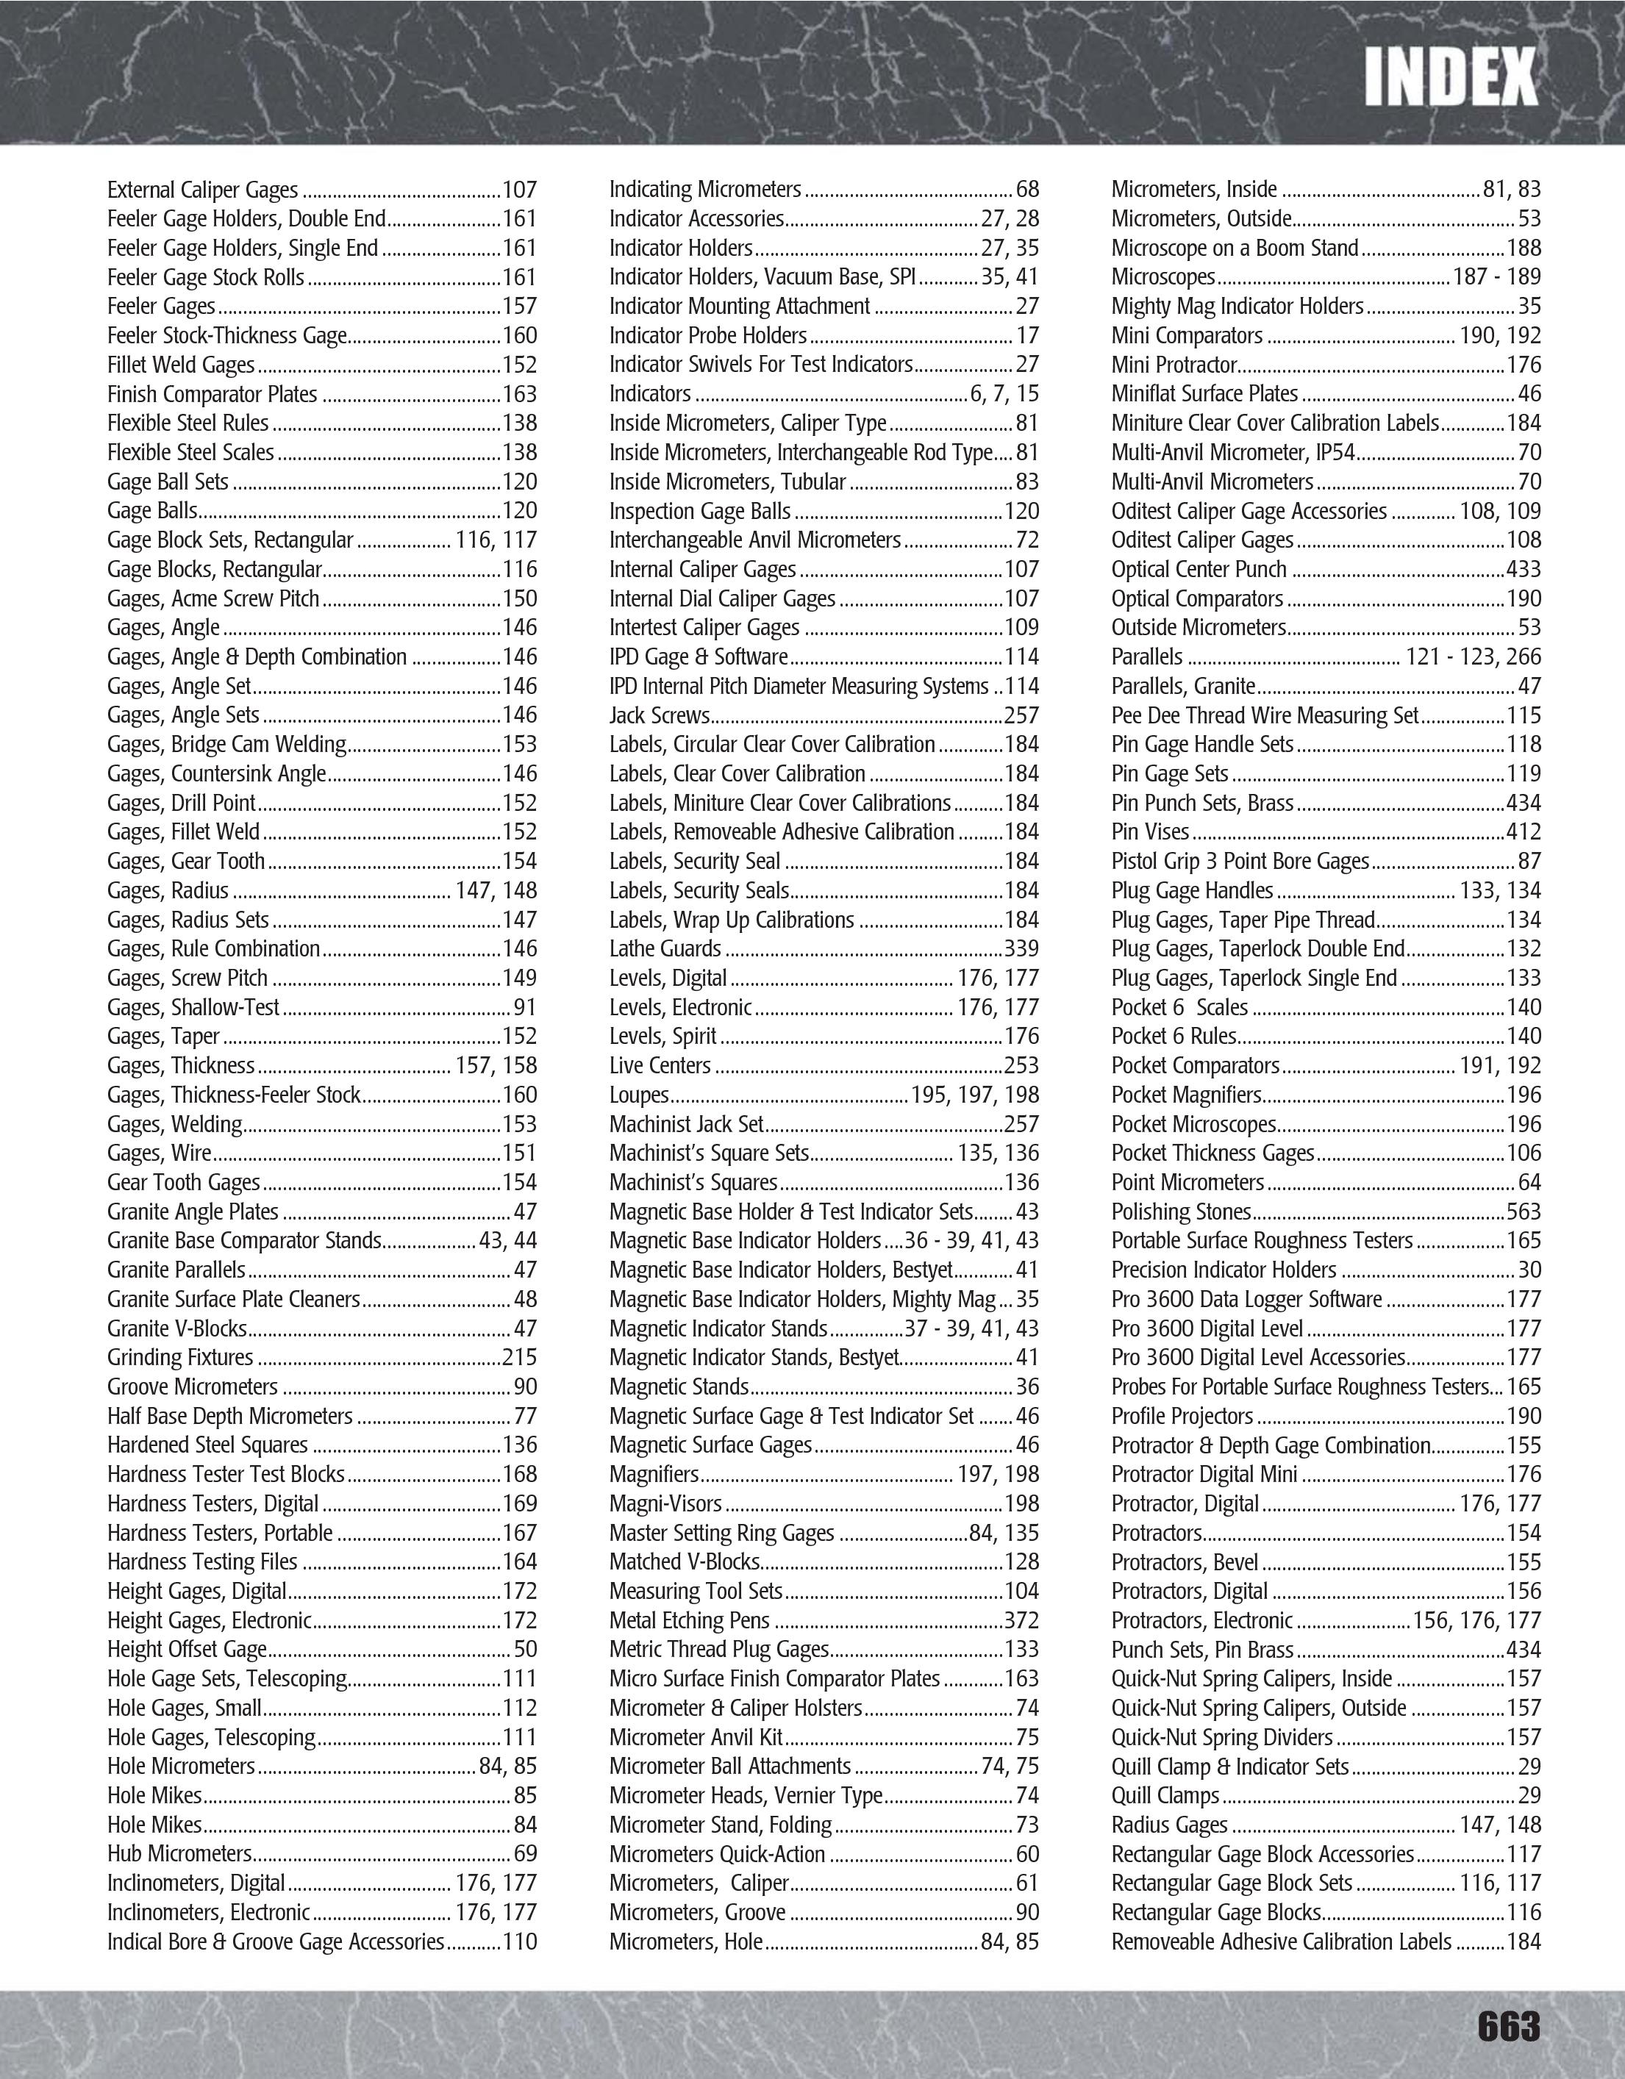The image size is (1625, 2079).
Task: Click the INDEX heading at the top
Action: click(x=1450, y=77)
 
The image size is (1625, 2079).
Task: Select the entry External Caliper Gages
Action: click(x=203, y=190)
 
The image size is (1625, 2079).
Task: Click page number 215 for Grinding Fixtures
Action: click(x=520, y=1357)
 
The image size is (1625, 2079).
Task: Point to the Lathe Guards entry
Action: click(x=665, y=949)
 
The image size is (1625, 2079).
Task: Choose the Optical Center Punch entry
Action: click(x=1199, y=569)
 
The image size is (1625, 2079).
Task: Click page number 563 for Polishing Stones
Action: click(x=1523, y=1212)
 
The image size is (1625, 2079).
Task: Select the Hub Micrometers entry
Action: click(x=179, y=1853)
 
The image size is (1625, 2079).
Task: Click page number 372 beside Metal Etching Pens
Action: click(x=1021, y=1620)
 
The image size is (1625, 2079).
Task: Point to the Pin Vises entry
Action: click(x=1150, y=832)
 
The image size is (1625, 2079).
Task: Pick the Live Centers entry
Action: click(x=660, y=1065)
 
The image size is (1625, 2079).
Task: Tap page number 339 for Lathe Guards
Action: click(x=1021, y=949)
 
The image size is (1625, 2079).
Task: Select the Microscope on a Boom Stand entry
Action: click(x=1235, y=248)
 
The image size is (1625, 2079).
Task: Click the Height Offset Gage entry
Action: click(x=187, y=1650)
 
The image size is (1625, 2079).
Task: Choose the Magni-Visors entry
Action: click(x=665, y=1504)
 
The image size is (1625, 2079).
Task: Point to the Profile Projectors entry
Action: click(x=1182, y=1417)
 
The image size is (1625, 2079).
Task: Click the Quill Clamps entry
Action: click(x=1165, y=1795)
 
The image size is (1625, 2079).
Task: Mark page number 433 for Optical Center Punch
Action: click(x=1523, y=569)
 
